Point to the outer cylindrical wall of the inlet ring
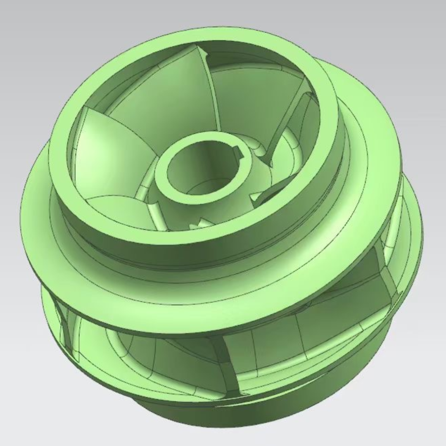point(198,248)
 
